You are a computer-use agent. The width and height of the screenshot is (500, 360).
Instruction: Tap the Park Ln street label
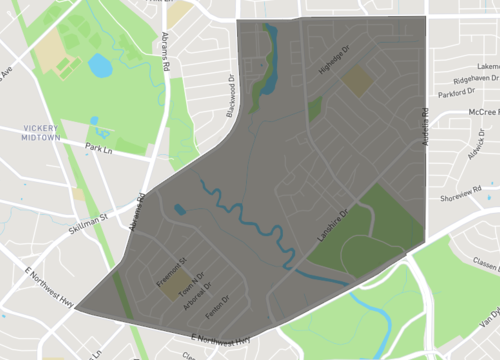98,148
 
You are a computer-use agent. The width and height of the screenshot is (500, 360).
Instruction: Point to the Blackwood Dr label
230,94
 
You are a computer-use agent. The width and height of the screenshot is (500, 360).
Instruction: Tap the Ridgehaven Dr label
474,78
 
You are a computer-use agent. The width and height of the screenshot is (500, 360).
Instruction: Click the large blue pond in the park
99,66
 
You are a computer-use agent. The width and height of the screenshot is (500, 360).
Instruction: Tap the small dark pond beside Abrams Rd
179,210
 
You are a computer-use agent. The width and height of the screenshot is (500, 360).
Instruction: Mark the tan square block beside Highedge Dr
357,81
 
